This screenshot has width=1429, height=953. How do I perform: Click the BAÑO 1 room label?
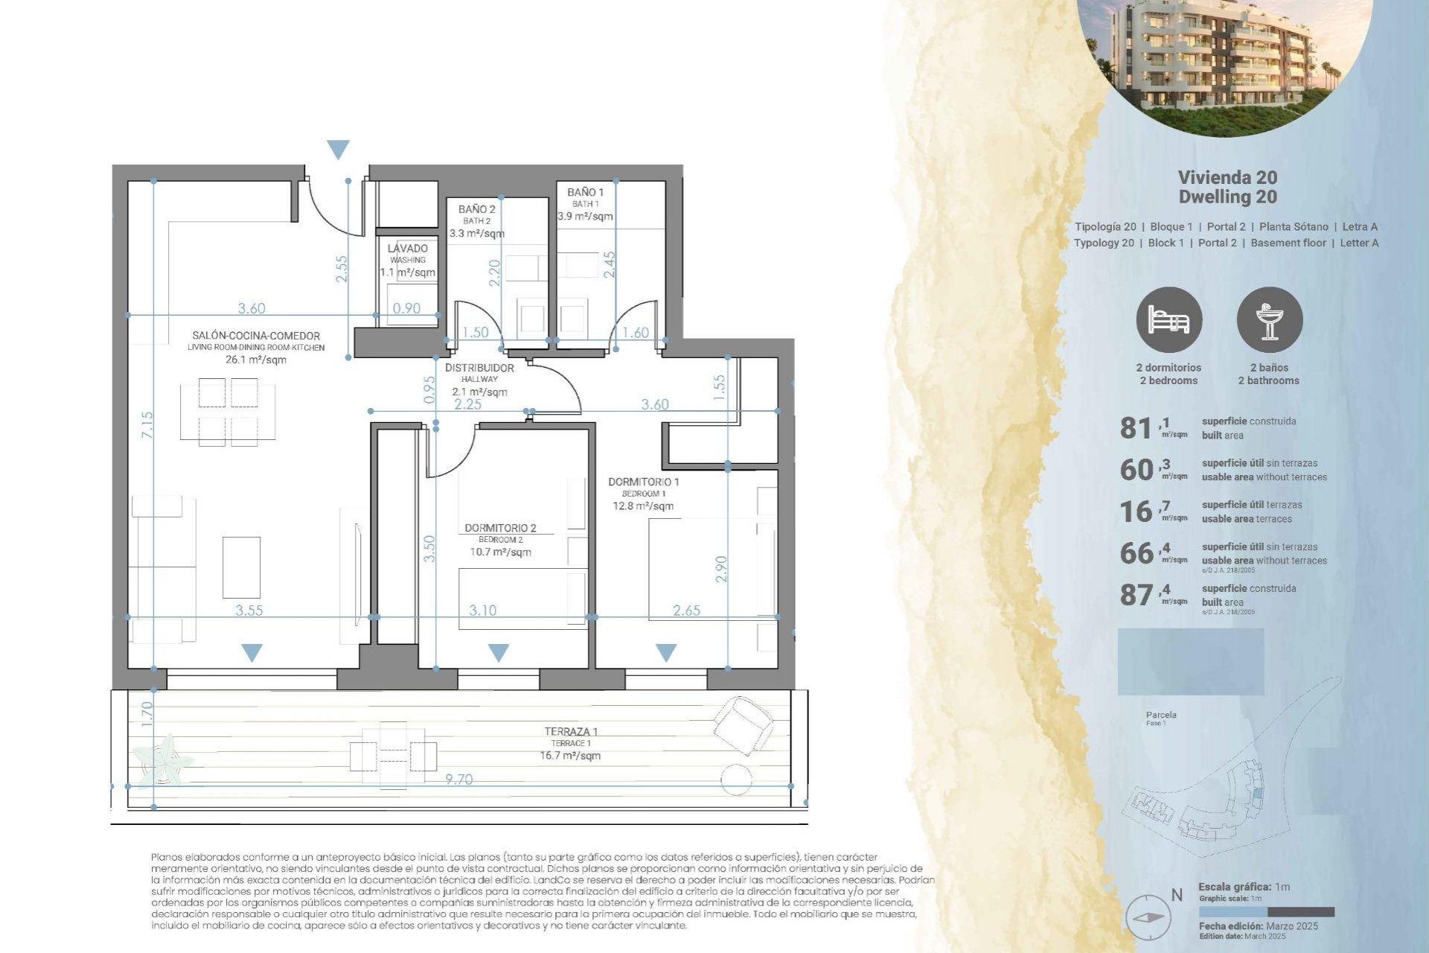click(585, 193)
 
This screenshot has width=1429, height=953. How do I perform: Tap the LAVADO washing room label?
click(407, 249)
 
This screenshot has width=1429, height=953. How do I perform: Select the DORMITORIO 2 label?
click(500, 528)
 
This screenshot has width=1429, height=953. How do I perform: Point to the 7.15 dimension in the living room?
click(147, 424)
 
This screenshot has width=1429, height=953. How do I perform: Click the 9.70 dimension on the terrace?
click(458, 780)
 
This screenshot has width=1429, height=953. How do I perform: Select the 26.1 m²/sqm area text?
click(255, 360)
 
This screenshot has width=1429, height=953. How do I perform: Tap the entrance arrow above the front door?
click(338, 149)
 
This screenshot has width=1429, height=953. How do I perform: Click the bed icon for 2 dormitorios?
click(1169, 320)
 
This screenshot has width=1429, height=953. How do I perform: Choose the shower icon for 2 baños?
click(1269, 320)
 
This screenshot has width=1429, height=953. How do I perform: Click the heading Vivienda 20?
click(1227, 177)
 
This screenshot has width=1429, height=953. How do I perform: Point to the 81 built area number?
click(1136, 428)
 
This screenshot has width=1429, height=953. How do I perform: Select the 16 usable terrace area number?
click(1136, 511)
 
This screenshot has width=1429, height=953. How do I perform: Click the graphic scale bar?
click(1266, 912)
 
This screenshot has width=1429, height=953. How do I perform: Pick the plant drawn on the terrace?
click(163, 759)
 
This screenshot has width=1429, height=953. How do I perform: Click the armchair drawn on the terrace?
click(742, 722)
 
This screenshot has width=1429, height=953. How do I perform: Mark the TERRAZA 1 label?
click(571, 732)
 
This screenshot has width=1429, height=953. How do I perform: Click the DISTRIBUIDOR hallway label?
click(479, 368)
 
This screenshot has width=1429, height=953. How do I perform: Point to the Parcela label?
click(1161, 715)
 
